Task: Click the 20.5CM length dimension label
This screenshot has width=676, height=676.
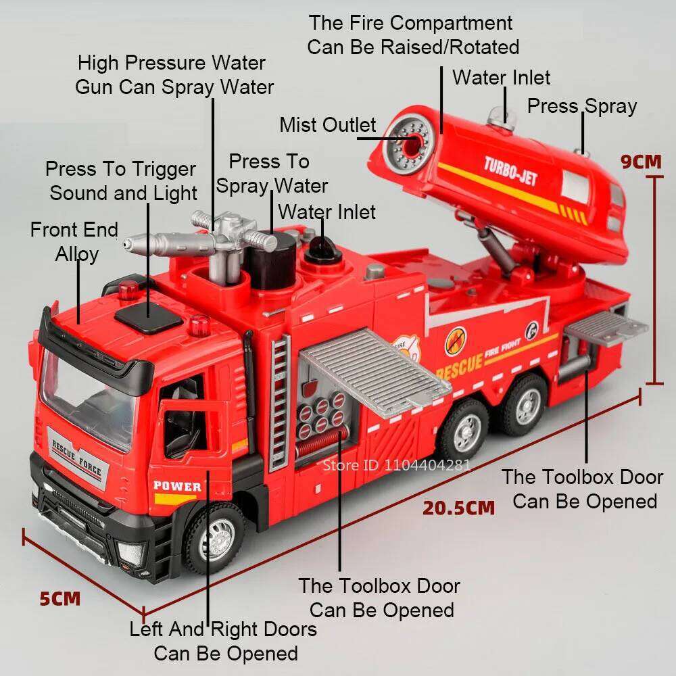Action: pyautogui.click(x=459, y=507)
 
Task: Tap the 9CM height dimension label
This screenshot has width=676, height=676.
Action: pyautogui.click(x=641, y=162)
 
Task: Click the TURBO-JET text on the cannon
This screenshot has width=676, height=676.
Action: pyautogui.click(x=510, y=171)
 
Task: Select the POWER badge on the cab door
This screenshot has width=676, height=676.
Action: pyautogui.click(x=177, y=486)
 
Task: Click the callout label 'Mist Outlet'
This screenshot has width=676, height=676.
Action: pyautogui.click(x=327, y=125)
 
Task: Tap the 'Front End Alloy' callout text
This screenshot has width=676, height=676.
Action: pyautogui.click(x=74, y=242)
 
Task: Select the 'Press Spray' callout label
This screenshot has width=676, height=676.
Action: pyautogui.click(x=581, y=106)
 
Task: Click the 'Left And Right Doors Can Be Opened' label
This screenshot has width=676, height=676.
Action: pyautogui.click(x=223, y=641)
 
